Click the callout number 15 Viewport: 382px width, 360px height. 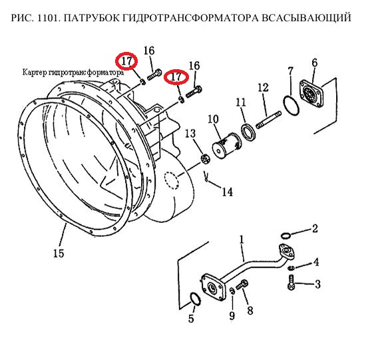pyautogui.click(x=59, y=254)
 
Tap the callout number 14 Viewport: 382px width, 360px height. pyautogui.click(x=228, y=192)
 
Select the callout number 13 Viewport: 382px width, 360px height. pyautogui.click(x=190, y=134)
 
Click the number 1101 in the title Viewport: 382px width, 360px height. pyautogui.click(x=48, y=18)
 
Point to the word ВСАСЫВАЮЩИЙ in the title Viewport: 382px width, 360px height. pyautogui.click(x=307, y=18)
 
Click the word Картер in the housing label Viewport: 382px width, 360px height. pyautogui.click(x=35, y=73)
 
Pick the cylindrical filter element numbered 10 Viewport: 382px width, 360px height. pyautogui.click(x=226, y=146)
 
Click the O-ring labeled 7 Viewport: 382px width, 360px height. pyautogui.click(x=291, y=106)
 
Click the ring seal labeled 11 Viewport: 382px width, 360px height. pyautogui.click(x=248, y=132)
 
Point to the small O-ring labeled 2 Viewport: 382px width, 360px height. pyautogui.click(x=286, y=236)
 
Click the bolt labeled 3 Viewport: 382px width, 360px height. pyautogui.click(x=291, y=282)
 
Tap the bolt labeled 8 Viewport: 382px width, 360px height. pyautogui.click(x=242, y=285)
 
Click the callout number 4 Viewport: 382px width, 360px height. pyautogui.click(x=316, y=262)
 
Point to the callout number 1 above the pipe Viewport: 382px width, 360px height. pyautogui.click(x=242, y=240)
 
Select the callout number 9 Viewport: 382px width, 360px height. pyautogui.click(x=232, y=315)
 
